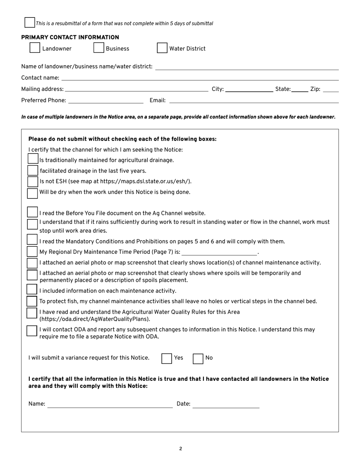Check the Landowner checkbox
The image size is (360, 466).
pyautogui.click(x=34, y=48)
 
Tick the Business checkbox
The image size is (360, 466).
pyautogui.click(x=99, y=48)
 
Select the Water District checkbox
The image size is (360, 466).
pyautogui.click(x=162, y=48)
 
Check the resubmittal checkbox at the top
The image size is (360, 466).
pyautogui.click(x=30, y=22)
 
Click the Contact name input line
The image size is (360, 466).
pyautogui.click(x=200, y=78)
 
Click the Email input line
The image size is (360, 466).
pyautogui.click(x=254, y=101)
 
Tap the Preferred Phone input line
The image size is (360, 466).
pyautogui.click(x=106, y=101)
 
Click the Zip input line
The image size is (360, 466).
pyautogui.click(x=331, y=90)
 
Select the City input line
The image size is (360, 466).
pyautogui.click(x=249, y=90)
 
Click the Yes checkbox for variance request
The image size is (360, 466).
pyautogui.click(x=167, y=358)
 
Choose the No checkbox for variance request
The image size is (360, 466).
pyautogui.click(x=198, y=358)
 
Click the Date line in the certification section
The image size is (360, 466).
pyautogui.click(x=226, y=405)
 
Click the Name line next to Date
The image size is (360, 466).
pyautogui.click(x=110, y=405)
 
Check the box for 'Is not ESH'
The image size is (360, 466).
pyautogui.click(x=33, y=181)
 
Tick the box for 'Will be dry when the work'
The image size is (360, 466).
pyautogui.click(x=33, y=193)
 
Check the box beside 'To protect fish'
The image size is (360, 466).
pyautogui.click(x=32, y=302)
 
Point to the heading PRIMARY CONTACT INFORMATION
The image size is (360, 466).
pyautogui.click(x=70, y=37)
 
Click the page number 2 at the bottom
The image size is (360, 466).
pyautogui.click(x=180, y=449)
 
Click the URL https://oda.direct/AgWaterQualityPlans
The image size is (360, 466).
pyautogui.click(x=95, y=319)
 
